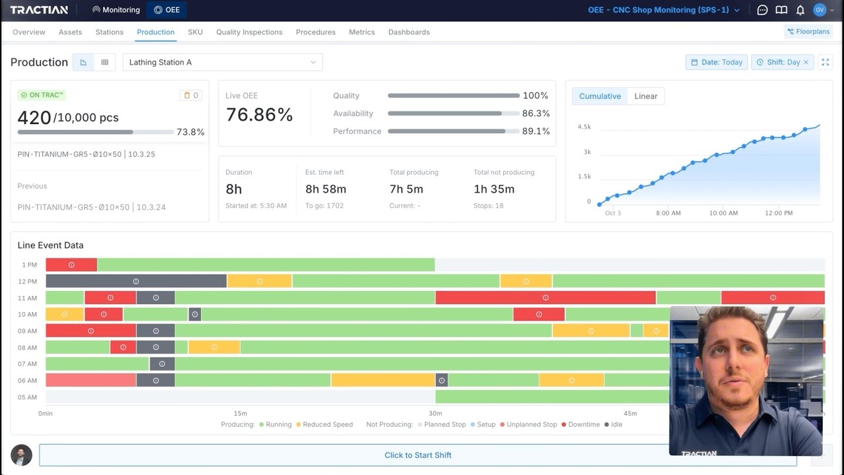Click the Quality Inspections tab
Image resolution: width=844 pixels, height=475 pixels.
click(249, 32)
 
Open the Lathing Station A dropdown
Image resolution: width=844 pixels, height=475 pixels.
click(222, 62)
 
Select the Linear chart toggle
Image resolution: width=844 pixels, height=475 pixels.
click(646, 96)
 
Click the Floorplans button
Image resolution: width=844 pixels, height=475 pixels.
click(808, 32)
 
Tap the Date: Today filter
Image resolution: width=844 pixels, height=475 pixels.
click(717, 62)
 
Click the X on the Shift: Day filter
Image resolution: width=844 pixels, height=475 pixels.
click(806, 62)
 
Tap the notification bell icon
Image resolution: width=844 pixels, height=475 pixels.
click(800, 10)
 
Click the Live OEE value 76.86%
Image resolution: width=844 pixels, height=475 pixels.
click(259, 115)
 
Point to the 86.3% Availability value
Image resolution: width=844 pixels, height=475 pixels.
click(536, 113)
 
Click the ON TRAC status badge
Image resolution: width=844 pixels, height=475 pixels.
click(42, 95)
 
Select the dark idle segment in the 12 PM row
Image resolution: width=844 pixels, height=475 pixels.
click(136, 281)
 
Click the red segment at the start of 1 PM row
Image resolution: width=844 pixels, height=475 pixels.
click(71, 265)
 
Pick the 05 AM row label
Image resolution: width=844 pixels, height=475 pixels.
click(27, 397)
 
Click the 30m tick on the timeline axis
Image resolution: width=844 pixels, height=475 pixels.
click(435, 413)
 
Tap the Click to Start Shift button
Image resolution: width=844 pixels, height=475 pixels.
click(418, 455)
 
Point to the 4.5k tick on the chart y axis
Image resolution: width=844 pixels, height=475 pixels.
click(584, 127)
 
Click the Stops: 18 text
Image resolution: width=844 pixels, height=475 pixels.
click(489, 206)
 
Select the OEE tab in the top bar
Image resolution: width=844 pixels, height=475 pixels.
click(167, 10)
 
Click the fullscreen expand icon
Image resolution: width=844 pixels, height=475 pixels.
click(825, 62)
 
